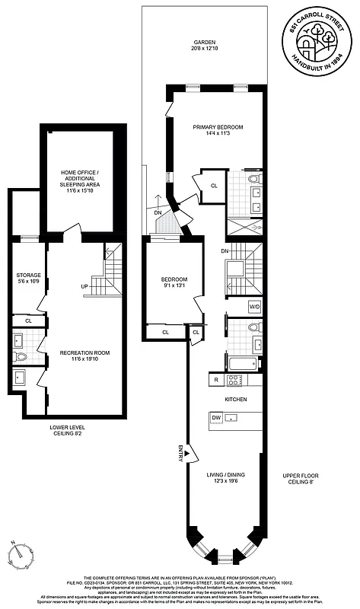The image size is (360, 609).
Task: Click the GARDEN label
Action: pyautogui.click(x=205, y=42)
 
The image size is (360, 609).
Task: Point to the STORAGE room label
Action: pyautogui.click(x=28, y=275)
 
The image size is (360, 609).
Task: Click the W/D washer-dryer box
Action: pyautogui.click(x=254, y=308)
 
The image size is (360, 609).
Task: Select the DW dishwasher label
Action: pyautogui.click(x=217, y=418)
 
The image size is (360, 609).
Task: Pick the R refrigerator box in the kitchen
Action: pyautogui.click(x=217, y=379)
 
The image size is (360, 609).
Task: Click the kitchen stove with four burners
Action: pyautogui.click(x=236, y=379)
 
